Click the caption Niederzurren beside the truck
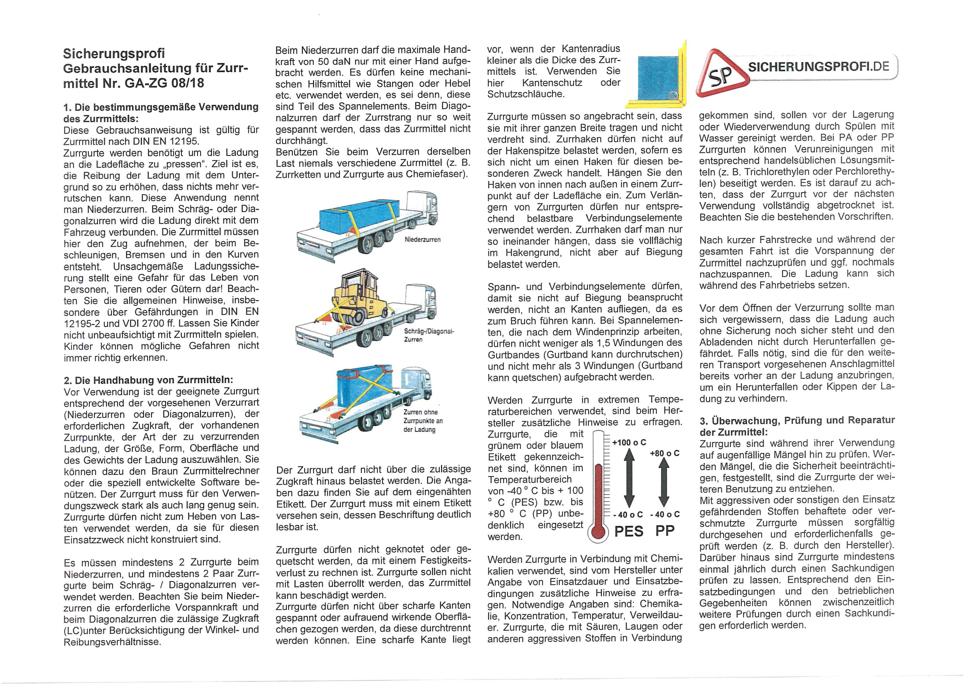tap(423, 240)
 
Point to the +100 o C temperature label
tap(629, 443)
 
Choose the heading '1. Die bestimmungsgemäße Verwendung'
tap(161, 107)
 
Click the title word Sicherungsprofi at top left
tap(114, 54)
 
